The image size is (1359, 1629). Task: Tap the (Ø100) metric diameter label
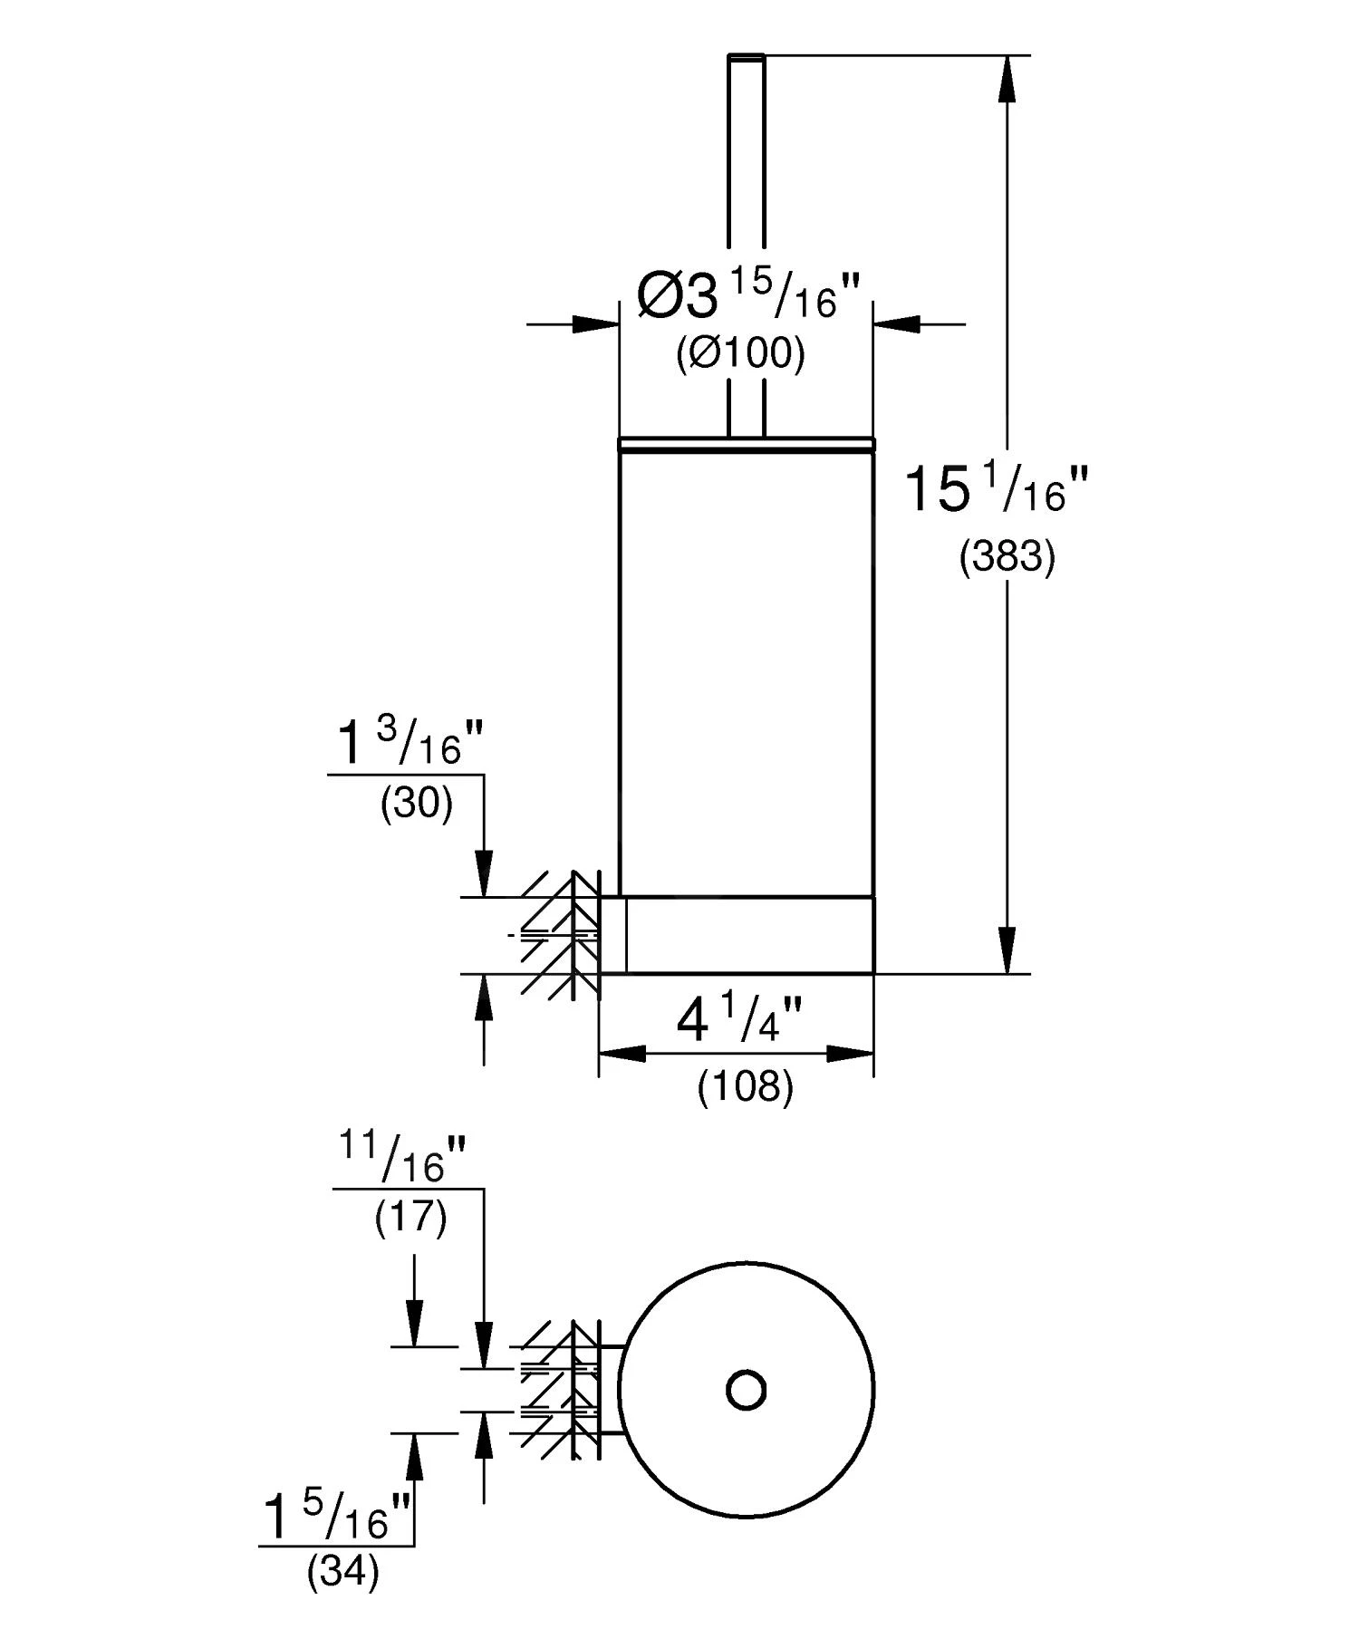(740, 353)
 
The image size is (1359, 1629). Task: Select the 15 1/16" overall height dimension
(995, 490)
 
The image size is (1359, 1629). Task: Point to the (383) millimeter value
(1007, 556)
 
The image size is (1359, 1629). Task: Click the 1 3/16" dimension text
(411, 746)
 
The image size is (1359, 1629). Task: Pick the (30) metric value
(416, 803)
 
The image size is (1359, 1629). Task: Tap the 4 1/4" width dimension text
(739, 1021)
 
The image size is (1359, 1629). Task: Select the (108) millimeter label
(745, 1085)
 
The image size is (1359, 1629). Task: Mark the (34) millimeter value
(342, 1573)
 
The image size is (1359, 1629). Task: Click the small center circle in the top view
(747, 1389)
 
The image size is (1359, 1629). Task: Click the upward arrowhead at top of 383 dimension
(1007, 78)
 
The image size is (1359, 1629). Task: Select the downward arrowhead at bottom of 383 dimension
(1007, 951)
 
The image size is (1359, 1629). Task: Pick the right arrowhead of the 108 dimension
(851, 1054)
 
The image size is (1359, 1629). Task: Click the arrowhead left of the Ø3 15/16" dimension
(595, 323)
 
